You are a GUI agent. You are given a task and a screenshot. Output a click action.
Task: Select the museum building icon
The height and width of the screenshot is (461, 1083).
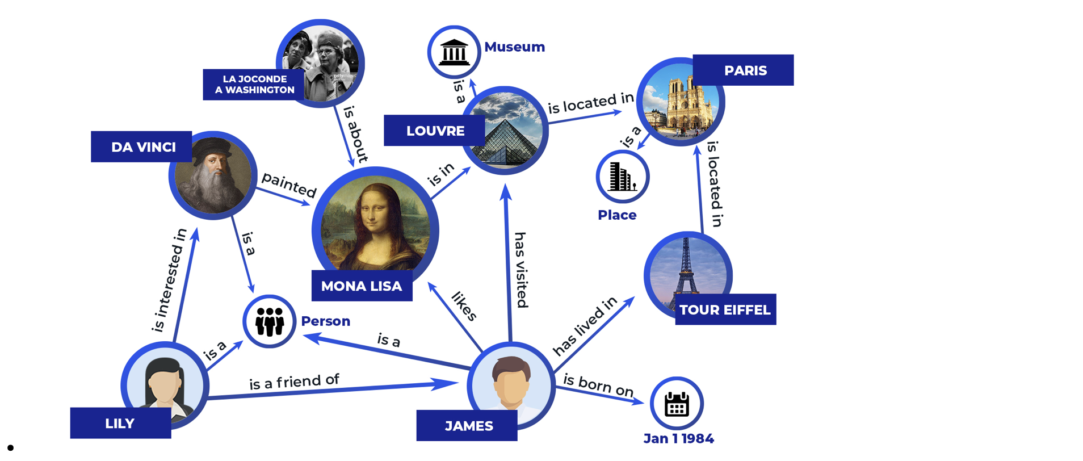pos(454,52)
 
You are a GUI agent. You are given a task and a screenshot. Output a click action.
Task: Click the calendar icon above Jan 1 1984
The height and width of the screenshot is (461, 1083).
pos(677,404)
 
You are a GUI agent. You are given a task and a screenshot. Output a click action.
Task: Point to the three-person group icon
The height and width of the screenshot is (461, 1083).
pos(270,321)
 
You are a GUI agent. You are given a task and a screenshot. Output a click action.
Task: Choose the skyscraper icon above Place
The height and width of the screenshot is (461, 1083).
pos(622,177)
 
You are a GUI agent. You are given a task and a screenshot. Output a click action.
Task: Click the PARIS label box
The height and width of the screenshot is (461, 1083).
pos(743,70)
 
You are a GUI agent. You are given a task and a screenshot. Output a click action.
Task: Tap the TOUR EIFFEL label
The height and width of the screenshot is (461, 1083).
pos(725,309)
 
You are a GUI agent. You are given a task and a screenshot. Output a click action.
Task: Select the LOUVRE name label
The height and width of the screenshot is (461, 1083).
pos(434,131)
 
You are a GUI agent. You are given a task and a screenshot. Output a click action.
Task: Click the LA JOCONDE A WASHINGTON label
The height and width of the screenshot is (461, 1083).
pos(254,85)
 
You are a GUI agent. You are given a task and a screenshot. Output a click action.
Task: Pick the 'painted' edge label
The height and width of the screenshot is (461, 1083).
pos(289,185)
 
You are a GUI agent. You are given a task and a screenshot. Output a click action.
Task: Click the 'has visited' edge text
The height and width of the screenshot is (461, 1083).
pos(521,270)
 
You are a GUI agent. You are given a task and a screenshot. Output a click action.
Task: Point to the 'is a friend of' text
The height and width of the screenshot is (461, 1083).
pos(294,382)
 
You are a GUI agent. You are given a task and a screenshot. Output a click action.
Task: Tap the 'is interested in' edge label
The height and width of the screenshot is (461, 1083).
pos(169,280)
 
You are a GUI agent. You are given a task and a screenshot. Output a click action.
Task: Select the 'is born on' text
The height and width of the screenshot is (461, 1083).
pos(598,385)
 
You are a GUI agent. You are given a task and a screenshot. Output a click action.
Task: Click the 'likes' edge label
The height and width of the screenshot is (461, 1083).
pos(464,306)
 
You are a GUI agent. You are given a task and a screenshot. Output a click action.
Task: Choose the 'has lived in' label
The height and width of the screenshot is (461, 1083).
pos(585,326)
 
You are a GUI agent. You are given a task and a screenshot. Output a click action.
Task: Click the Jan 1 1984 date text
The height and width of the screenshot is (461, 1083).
pos(678,438)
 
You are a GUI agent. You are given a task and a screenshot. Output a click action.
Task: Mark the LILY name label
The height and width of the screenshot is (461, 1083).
pos(120,423)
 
